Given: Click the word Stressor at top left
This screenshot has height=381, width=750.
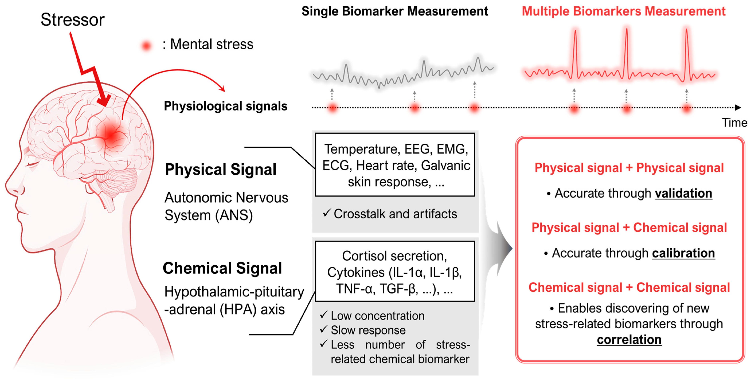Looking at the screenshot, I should pyautogui.click(x=73, y=20).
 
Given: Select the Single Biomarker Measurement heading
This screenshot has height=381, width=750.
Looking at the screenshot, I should pyautogui.click(x=395, y=11).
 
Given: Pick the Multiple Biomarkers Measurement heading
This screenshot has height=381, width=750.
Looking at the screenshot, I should pyautogui.click(x=623, y=11).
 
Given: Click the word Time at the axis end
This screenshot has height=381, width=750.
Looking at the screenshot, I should pyautogui.click(x=734, y=123).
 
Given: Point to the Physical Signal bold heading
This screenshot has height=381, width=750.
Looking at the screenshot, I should pyautogui.click(x=220, y=170).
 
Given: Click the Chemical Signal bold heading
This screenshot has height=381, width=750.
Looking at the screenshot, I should pyautogui.click(x=222, y=268).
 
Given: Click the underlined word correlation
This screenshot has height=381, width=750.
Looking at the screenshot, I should pyautogui.click(x=629, y=340).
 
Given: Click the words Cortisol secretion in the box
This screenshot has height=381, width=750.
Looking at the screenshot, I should pyautogui.click(x=394, y=256).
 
